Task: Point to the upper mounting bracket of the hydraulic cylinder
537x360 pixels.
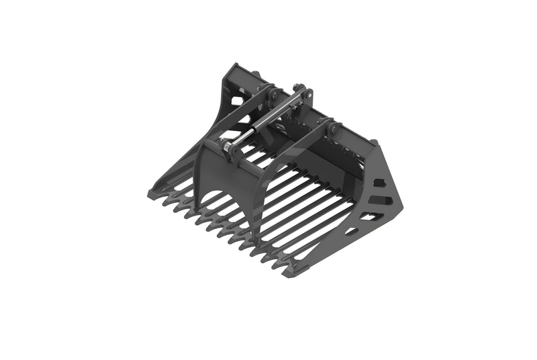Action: click(x=301, y=94)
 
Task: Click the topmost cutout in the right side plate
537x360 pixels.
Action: click(x=380, y=183)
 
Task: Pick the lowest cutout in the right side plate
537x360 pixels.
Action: click(x=350, y=231)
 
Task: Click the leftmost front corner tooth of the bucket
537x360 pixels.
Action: click(x=153, y=194)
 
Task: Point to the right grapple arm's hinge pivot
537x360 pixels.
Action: click(x=330, y=126)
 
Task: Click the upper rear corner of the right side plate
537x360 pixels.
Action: click(x=378, y=143)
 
